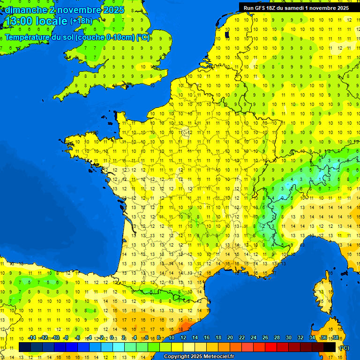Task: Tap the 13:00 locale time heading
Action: [37, 21]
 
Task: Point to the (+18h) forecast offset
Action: [81, 21]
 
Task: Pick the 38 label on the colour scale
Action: [335, 337]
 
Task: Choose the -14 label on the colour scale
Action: [32, 337]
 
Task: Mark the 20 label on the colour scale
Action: [230, 337]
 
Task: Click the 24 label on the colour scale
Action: [254, 337]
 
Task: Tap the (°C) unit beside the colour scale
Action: [344, 348]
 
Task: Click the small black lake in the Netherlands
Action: [227, 34]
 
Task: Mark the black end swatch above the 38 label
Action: [330, 347]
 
